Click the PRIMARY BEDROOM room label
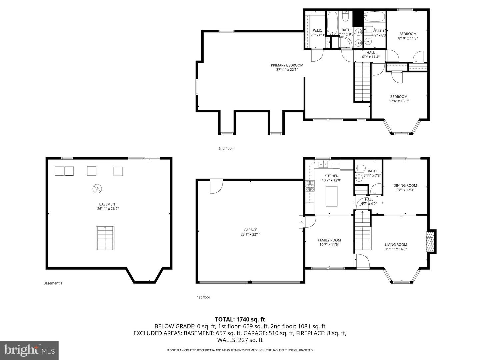pos(287,65)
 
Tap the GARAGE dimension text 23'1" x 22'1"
pos(250,234)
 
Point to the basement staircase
pos(106,238)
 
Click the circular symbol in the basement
pos(97,189)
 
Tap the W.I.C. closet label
pos(317,31)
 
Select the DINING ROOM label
pos(405,186)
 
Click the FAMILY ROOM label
pos(329,240)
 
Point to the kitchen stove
pos(310,187)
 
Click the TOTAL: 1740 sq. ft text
pos(240,319)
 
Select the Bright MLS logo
pos(29,350)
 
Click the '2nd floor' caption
pos(226,148)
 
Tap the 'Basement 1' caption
pos(53,283)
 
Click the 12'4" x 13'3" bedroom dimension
pos(399,101)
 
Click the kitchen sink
pos(323,164)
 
